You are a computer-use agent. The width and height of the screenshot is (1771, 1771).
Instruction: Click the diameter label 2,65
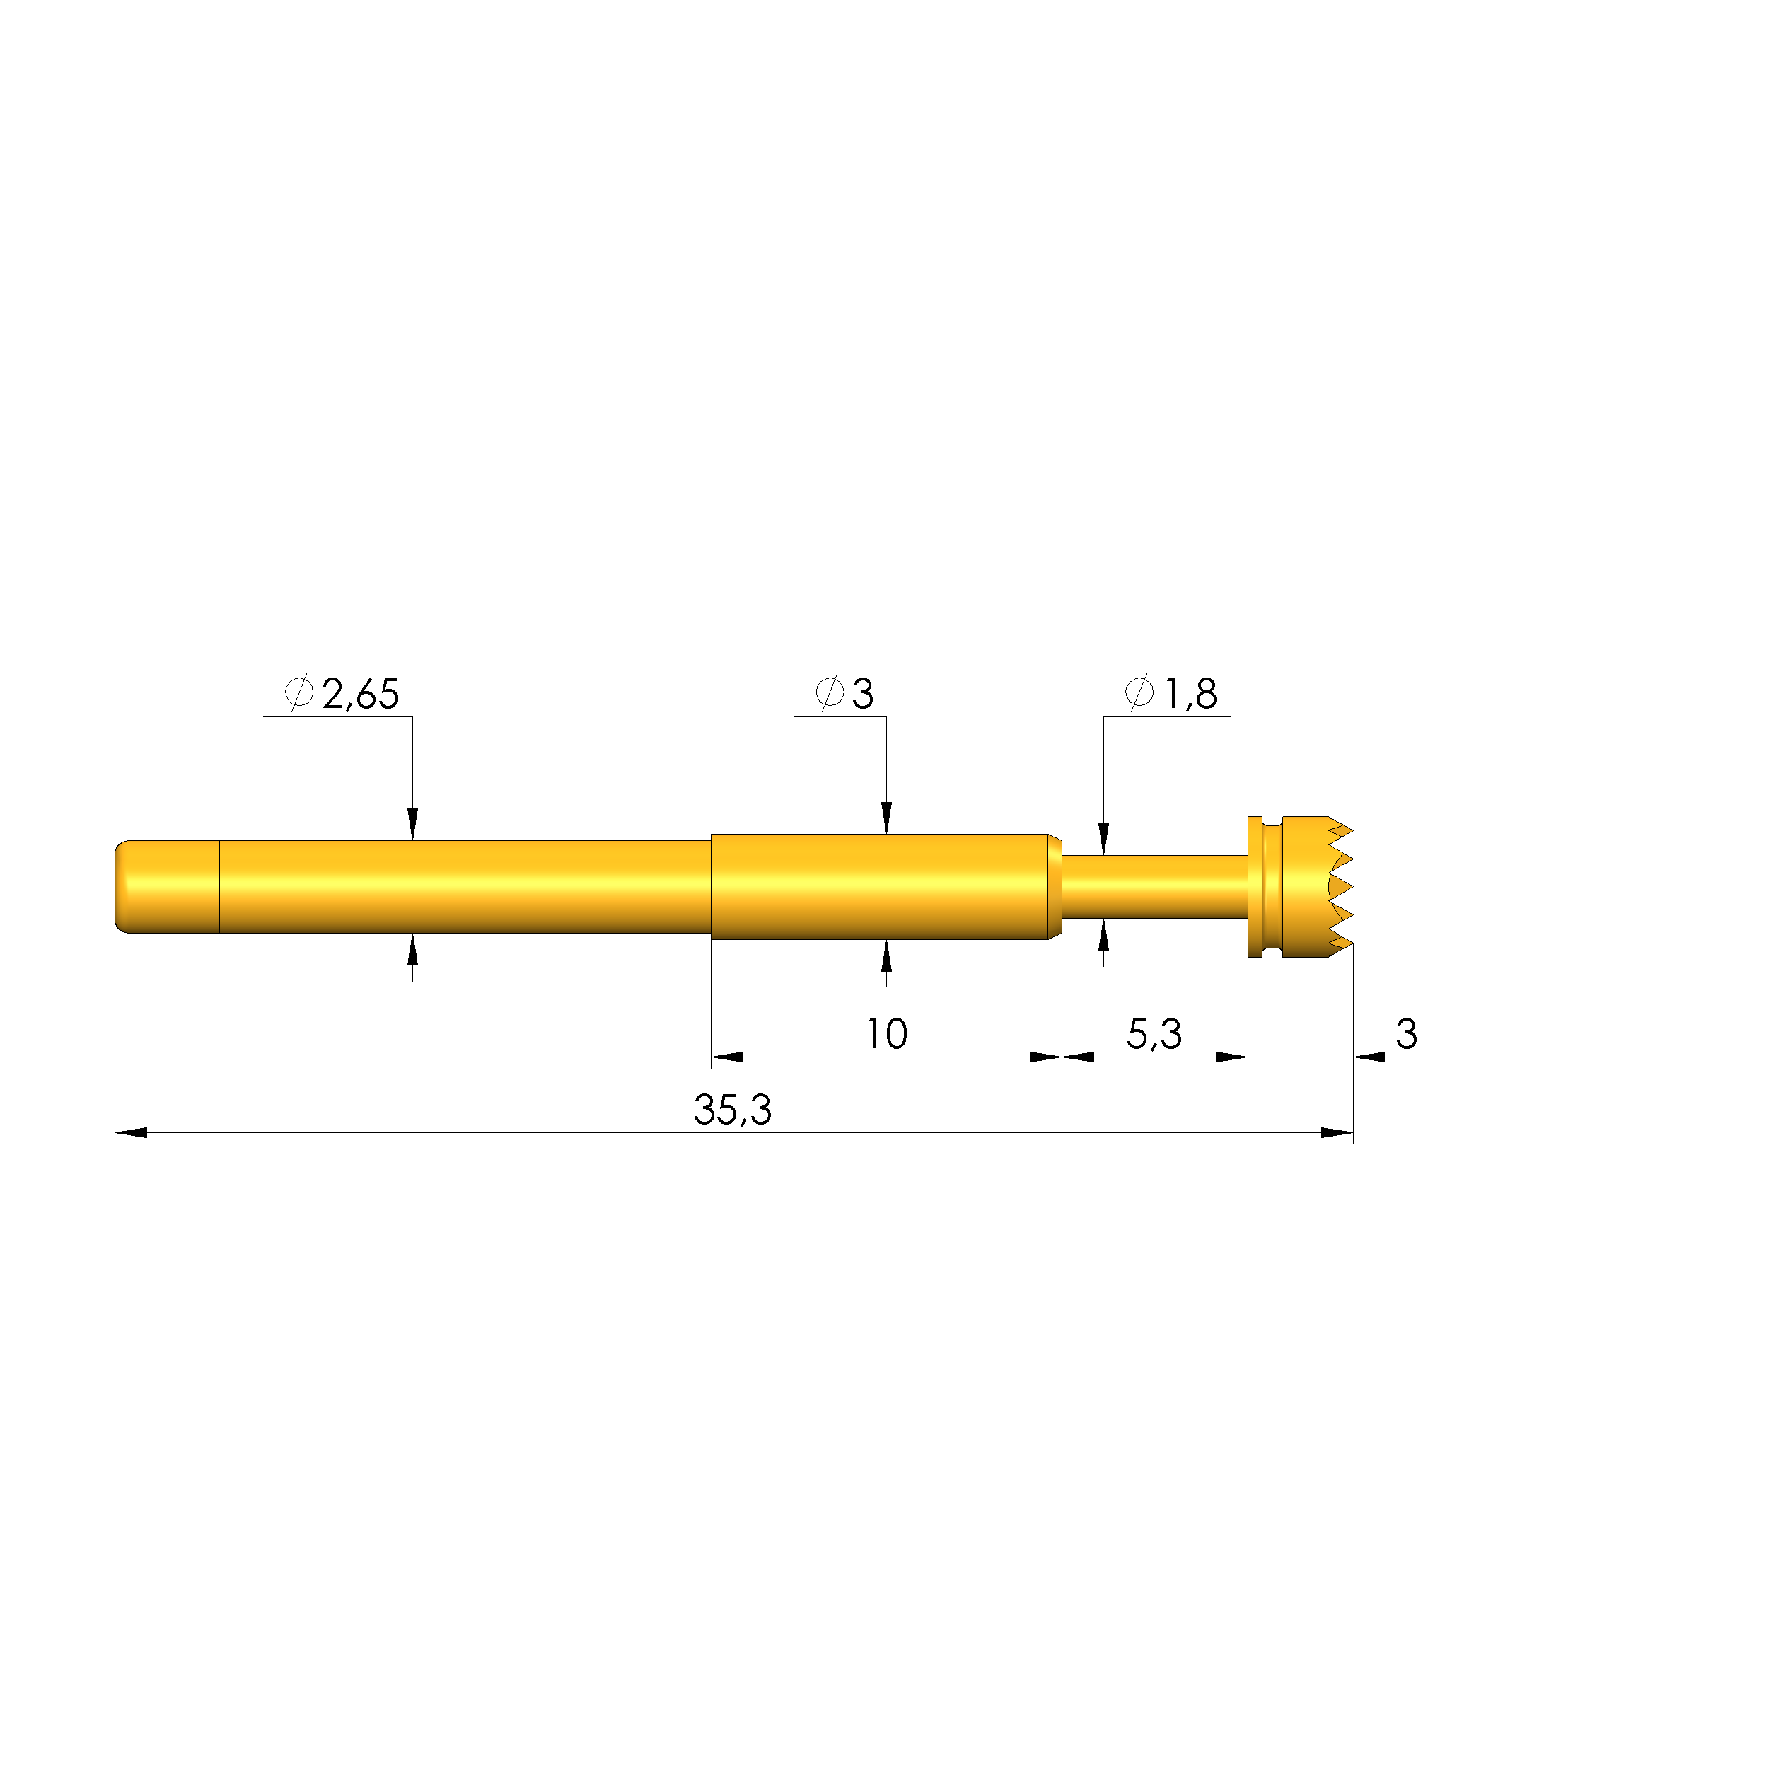tap(360, 695)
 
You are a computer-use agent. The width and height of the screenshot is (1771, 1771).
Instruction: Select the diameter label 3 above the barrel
tap(863, 694)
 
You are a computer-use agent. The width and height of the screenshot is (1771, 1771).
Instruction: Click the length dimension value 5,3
tap(1154, 1035)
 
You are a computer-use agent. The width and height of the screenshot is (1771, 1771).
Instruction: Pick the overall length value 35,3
tap(733, 1111)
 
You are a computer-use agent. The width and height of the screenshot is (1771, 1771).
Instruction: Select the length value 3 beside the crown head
tap(1406, 1034)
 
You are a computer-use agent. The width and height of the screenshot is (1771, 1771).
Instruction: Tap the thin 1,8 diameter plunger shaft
tap(1154, 886)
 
